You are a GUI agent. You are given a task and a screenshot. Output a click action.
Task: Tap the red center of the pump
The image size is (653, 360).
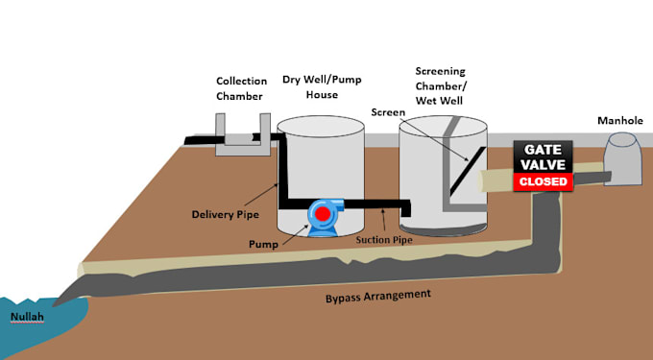(325, 212)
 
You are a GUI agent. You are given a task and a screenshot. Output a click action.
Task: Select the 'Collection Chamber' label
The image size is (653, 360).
(241, 88)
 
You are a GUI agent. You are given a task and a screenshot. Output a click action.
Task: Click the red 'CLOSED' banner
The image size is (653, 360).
(544, 180)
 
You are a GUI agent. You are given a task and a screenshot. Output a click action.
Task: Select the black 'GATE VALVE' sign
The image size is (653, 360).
(544, 156)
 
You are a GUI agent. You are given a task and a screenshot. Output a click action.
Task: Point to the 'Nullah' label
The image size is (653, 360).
(26, 316)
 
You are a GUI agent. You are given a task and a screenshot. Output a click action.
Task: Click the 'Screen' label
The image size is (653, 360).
(387, 112)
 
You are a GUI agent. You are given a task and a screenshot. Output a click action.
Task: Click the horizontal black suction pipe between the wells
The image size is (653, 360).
(375, 204)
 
